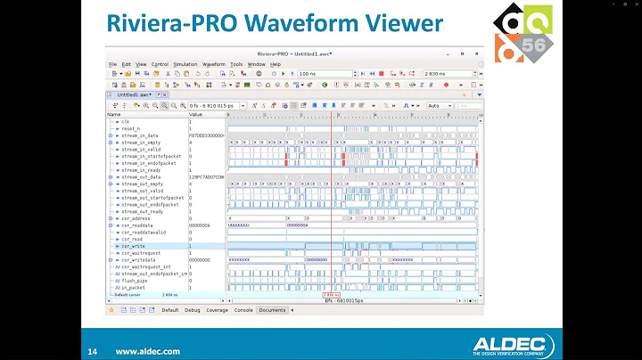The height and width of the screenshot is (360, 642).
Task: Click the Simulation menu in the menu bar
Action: (x=185, y=64)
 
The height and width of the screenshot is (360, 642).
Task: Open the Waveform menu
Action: (x=213, y=64)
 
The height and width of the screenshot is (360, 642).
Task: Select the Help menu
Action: (x=276, y=64)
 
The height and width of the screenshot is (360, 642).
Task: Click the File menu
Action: (x=113, y=64)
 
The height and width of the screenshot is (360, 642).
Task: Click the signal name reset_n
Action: (x=132, y=128)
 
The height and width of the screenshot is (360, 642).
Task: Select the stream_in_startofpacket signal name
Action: (x=151, y=156)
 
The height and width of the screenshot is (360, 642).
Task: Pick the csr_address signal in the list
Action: (x=137, y=218)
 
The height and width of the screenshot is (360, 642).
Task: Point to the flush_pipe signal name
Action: (x=135, y=281)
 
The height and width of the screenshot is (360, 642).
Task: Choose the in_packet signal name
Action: (x=133, y=288)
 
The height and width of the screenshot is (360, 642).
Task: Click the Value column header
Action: (x=196, y=114)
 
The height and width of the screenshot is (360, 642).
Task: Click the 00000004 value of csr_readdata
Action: (x=199, y=225)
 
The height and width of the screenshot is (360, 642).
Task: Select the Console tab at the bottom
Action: (x=243, y=310)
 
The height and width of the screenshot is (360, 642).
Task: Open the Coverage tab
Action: (x=218, y=310)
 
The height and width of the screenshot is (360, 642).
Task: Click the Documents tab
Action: (x=272, y=310)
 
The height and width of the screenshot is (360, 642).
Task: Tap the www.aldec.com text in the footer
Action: (x=147, y=352)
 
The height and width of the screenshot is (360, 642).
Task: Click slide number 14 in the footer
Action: (x=92, y=351)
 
